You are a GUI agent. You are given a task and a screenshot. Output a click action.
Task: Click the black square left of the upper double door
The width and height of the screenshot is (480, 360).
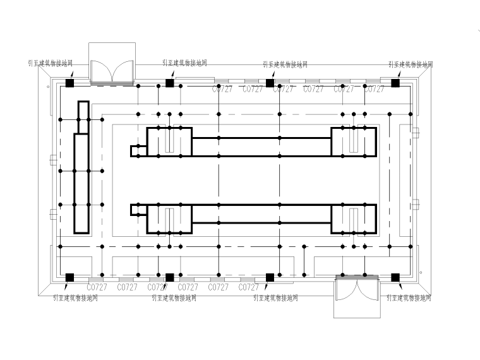coord(69,83)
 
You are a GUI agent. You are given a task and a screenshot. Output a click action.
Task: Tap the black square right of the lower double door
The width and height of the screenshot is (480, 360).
coord(395,277)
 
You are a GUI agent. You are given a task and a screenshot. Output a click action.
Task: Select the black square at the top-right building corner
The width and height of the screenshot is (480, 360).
coord(395,83)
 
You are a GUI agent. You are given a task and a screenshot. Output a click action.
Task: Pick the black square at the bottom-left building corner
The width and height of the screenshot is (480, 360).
coord(69,277)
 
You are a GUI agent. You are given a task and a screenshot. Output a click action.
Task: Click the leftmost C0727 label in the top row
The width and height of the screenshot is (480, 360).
coord(222,90)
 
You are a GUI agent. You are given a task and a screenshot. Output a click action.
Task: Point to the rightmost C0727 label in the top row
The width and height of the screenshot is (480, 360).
coord(374,90)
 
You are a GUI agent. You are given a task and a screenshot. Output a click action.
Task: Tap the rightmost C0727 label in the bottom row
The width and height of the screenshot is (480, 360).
coord(249,287)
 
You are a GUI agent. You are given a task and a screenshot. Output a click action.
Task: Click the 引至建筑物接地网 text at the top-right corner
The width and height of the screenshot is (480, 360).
coord(411,64)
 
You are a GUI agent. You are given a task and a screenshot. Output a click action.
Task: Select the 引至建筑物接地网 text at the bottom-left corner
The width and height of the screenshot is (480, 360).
coord(76,297)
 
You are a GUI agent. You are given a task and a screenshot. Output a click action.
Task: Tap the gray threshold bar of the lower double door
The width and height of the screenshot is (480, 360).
coord(357,277)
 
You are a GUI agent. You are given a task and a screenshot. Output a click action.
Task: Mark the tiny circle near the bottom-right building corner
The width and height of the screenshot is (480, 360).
coord(420,273)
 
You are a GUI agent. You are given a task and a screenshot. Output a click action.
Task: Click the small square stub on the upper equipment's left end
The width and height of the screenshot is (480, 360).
coord(135,151)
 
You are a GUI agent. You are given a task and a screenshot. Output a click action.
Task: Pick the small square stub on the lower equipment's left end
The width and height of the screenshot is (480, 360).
coord(135,210)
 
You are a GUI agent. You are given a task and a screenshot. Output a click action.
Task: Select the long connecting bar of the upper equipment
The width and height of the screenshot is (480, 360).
coord(261,147)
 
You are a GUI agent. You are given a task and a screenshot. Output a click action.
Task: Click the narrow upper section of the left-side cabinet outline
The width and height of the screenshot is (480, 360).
coord(82,117)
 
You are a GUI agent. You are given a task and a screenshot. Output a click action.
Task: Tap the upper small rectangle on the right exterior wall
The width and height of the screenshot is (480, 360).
coord(416,133)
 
